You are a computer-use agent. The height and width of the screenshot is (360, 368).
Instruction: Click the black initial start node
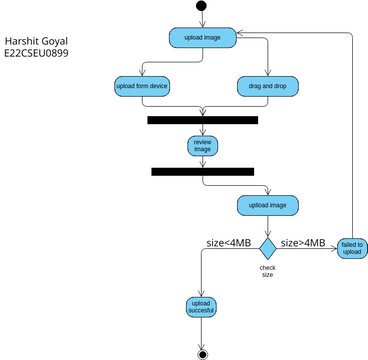(202, 7)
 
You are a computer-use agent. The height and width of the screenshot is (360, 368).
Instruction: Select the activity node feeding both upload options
(202, 37)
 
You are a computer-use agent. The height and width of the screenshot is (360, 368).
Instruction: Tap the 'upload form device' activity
(142, 87)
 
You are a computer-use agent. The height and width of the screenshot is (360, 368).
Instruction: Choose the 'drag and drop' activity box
(267, 87)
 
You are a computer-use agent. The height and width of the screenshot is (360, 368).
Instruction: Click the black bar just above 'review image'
(202, 120)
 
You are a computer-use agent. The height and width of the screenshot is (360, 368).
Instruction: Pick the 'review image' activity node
(202, 146)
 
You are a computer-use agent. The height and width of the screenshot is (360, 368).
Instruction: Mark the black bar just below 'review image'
(203, 172)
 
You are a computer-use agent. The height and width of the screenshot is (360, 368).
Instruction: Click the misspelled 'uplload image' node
(267, 206)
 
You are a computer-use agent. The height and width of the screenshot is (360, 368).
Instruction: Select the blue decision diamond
(268, 246)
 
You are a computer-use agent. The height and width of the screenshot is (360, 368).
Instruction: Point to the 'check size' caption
(267, 270)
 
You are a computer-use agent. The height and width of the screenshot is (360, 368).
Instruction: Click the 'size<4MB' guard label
(229, 243)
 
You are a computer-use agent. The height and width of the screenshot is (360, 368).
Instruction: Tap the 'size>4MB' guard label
(302, 243)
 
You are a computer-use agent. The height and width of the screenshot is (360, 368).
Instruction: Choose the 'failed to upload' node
(352, 248)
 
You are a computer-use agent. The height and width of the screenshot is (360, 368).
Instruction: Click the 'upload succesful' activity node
(202, 307)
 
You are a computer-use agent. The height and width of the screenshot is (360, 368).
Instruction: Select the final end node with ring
(202, 353)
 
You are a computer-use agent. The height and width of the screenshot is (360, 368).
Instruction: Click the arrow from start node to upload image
(202, 20)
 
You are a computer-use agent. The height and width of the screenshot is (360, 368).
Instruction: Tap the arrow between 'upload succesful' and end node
(202, 334)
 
